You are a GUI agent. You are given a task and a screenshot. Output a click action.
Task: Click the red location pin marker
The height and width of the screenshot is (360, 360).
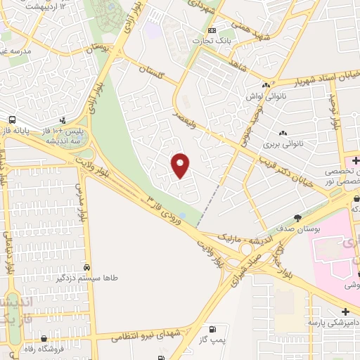(181, 165)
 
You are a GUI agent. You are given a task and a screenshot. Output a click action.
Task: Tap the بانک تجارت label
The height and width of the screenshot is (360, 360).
(214, 40)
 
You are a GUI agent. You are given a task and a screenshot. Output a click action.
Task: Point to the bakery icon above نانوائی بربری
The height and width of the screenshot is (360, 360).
(283, 133)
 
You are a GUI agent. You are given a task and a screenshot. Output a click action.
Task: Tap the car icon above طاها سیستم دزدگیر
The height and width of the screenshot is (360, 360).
(86, 268)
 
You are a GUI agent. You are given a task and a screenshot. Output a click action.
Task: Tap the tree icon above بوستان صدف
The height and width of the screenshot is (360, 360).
(297, 218)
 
